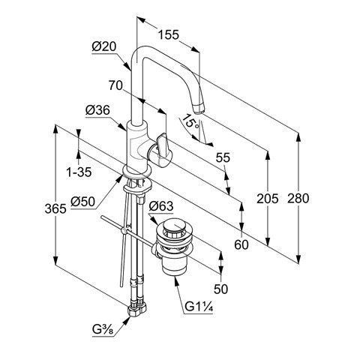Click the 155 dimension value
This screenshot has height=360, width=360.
point(169,34)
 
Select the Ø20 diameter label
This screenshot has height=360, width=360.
point(104,46)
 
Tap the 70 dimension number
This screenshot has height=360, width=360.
point(115,85)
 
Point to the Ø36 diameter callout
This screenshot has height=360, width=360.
point(98,110)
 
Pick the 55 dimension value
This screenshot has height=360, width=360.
point(223,157)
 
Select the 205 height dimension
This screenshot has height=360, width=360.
point(268,199)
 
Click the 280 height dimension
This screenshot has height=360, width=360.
point(298,199)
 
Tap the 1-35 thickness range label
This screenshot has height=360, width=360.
point(79,172)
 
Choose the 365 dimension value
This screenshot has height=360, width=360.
point(55,208)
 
